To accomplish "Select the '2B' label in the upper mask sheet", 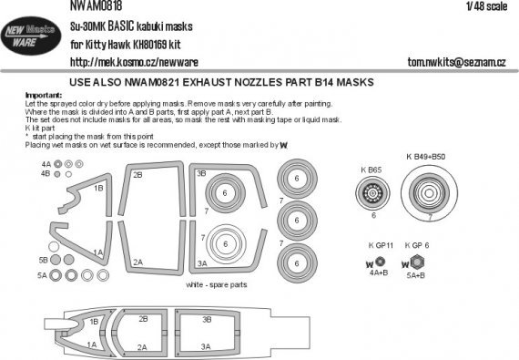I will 138,174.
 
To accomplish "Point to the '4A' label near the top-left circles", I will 45,164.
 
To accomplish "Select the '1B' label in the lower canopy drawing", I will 96,321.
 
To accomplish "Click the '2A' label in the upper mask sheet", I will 137,261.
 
